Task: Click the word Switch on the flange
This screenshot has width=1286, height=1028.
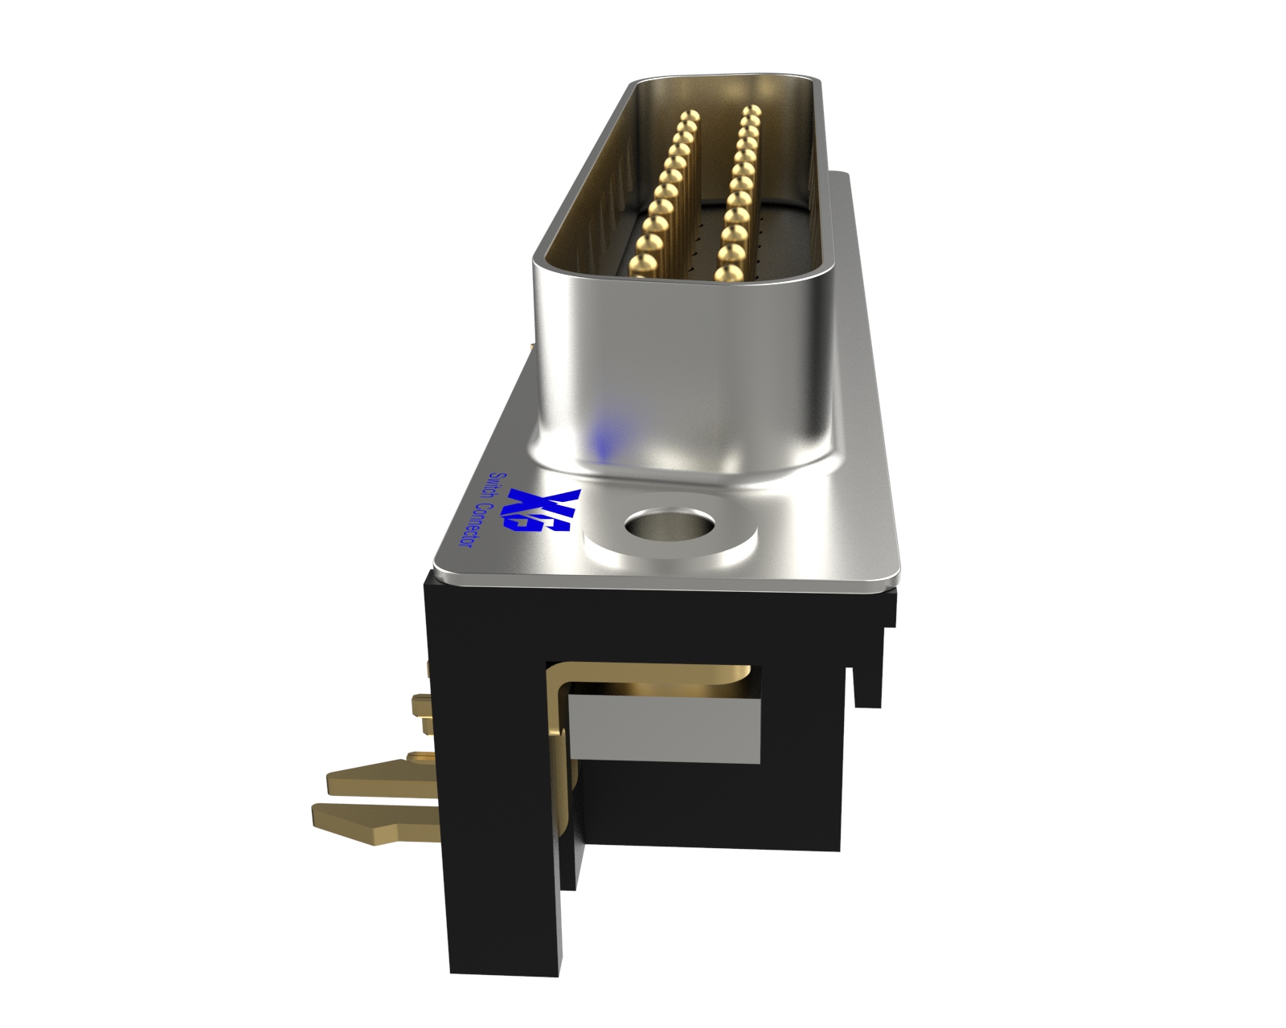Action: pyautogui.click(x=498, y=491)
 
